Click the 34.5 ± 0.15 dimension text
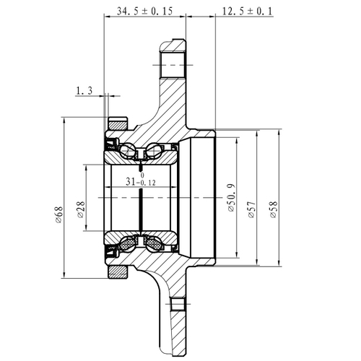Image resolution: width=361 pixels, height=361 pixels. point(144,12)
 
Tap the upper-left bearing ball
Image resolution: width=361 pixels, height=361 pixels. point(129,152)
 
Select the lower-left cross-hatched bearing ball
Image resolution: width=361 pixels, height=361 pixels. point(129,243)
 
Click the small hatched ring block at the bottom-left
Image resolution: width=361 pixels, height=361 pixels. point(116,271)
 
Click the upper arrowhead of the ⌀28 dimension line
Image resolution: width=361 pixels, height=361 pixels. point(87,168)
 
